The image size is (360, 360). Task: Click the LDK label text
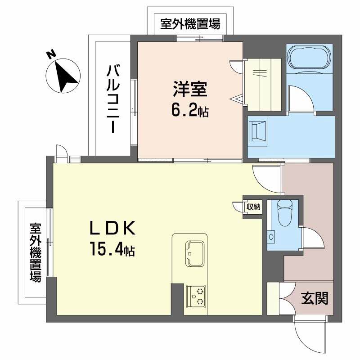pos(112,229)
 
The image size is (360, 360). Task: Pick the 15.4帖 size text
pos(112,248)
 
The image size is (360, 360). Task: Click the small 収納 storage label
pos(253,207)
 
